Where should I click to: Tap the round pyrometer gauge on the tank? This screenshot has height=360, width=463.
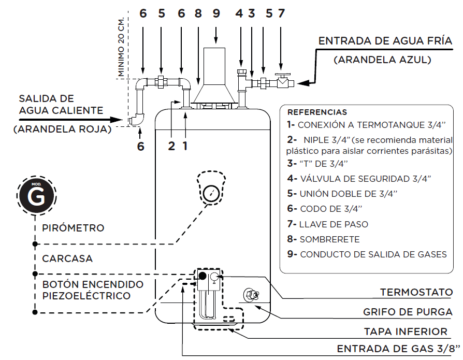tap(212, 194)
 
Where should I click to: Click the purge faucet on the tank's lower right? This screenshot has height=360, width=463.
tap(251, 295)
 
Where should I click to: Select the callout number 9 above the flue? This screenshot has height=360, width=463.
tap(216, 14)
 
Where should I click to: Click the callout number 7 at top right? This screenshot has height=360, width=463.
tap(281, 14)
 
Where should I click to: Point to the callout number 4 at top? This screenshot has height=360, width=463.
tap(239, 14)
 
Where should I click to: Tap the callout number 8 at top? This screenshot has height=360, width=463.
tap(198, 14)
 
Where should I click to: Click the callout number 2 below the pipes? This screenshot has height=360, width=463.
tap(171, 146)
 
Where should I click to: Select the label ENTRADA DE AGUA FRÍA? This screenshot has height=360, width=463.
tap(385, 41)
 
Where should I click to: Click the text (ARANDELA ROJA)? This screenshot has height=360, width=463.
tap(63, 129)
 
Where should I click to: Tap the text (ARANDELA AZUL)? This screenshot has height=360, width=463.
tap(382, 60)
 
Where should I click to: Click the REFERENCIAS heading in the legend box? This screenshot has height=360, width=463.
tap(317, 112)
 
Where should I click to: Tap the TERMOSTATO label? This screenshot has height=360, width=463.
tap(416, 292)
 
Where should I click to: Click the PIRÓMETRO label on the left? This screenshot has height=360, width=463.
tap(73, 228)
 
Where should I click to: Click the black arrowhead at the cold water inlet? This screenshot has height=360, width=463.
tap(303, 82)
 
